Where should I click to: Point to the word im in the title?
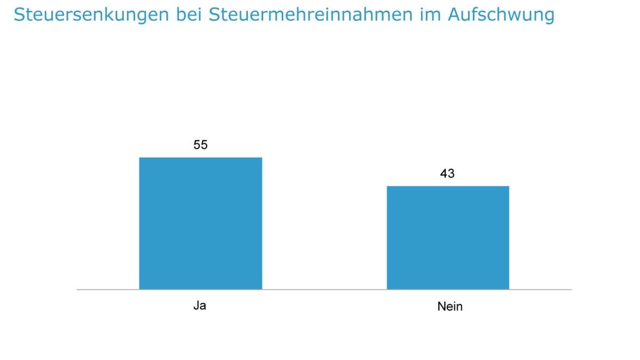coord(428,15)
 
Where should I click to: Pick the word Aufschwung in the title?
coord(501,15)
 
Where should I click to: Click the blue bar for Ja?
coord(201,223)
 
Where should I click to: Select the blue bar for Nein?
coord(448,238)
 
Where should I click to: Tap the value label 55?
coord(201,145)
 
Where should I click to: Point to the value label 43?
coord(447,173)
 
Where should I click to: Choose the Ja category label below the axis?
coord(199,306)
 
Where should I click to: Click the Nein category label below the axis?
coord(450,307)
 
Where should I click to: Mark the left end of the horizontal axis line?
coord(78,290)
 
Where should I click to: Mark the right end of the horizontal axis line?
coord(571,290)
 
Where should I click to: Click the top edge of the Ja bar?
coord(201,158)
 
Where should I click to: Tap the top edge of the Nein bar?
coord(448,186)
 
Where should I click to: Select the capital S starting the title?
coord(20,15)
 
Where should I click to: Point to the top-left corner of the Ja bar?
coord(140,158)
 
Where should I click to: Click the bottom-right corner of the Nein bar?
coord(509,289)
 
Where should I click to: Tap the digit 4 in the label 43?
coord(444,173)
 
